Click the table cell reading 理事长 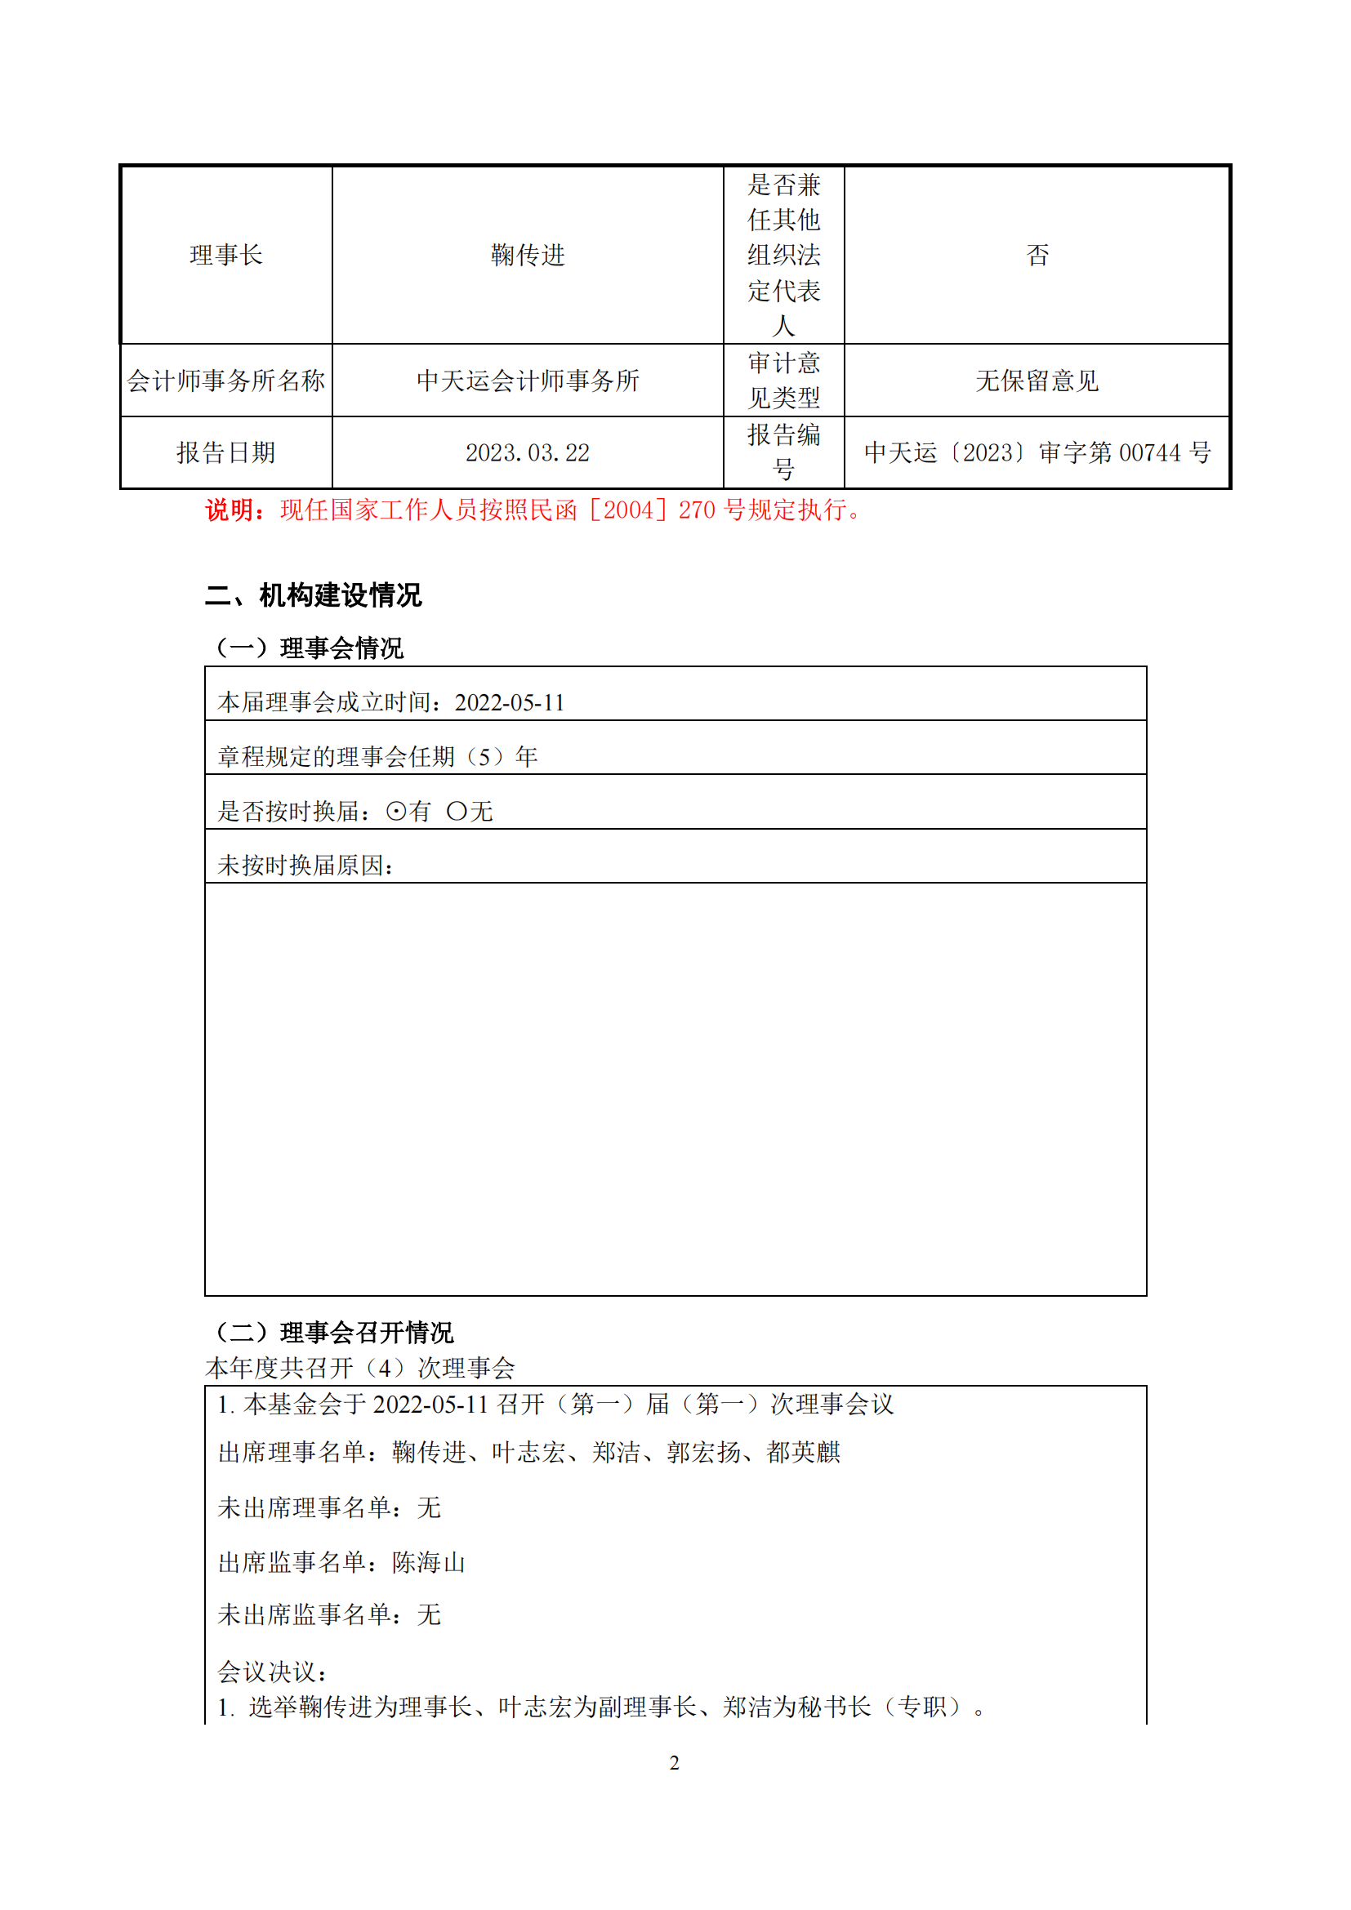point(225,255)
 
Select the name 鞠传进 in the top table point(528,255)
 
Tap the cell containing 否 point(1037,255)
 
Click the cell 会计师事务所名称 point(225,381)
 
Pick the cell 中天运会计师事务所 point(528,381)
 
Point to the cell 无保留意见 point(1037,381)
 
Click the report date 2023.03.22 point(528,453)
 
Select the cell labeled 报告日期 point(225,453)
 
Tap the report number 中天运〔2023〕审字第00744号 point(1037,453)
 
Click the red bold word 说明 point(230,510)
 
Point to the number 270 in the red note point(696,510)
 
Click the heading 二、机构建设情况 point(314,595)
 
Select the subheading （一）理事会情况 point(309,648)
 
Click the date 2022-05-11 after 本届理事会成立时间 point(509,703)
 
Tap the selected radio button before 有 point(397,811)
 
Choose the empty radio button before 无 point(457,811)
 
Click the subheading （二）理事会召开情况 point(333,1333)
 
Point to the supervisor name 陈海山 point(429,1563)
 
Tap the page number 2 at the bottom point(675,1763)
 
